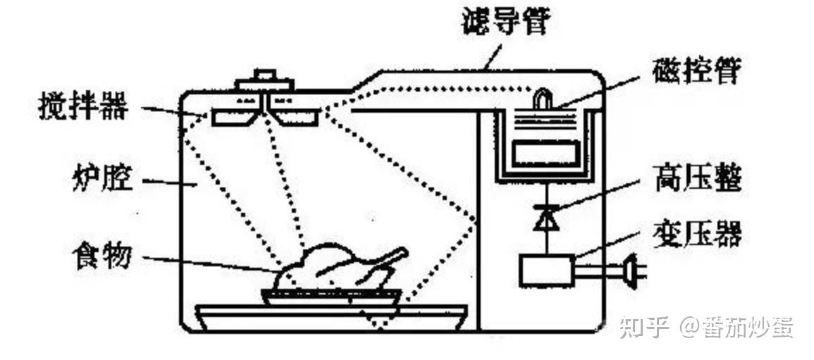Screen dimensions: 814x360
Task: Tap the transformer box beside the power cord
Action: tap(544, 269)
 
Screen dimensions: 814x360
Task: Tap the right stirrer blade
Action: tap(296, 116)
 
